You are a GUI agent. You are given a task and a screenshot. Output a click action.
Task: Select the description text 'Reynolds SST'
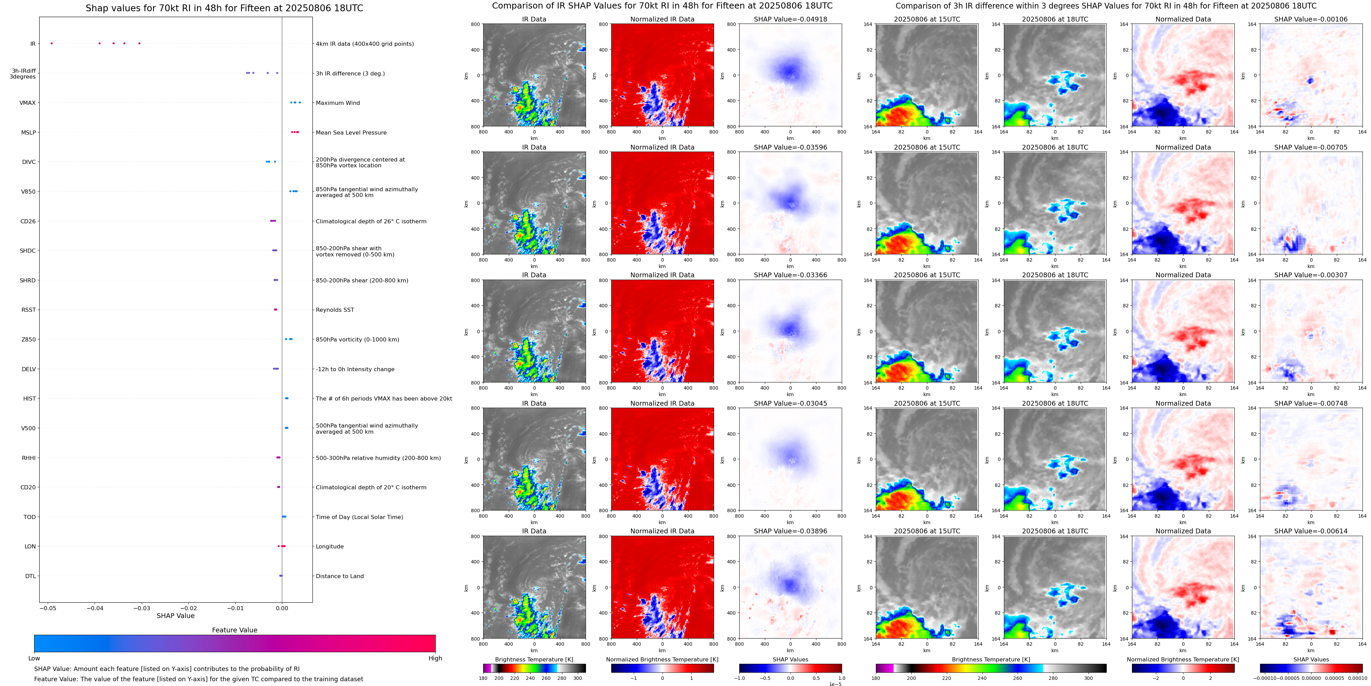pyautogui.click(x=334, y=310)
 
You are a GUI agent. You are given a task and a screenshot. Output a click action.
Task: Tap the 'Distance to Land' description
pyautogui.click(x=339, y=576)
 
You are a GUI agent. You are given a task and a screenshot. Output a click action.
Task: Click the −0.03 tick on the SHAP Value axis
pyautogui.click(x=142, y=608)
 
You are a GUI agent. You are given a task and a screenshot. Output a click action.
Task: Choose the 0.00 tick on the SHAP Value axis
pyautogui.click(x=282, y=608)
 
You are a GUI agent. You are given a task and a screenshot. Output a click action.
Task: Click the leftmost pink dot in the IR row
pyautogui.click(x=52, y=43)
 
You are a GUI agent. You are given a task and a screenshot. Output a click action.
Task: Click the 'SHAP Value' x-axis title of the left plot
pyautogui.click(x=176, y=616)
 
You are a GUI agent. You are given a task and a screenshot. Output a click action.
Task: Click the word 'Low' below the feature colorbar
pyautogui.click(x=34, y=658)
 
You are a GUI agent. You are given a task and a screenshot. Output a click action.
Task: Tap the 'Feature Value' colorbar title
pyautogui.click(x=234, y=630)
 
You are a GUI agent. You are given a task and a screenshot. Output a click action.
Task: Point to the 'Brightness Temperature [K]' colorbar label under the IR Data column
pyautogui.click(x=534, y=659)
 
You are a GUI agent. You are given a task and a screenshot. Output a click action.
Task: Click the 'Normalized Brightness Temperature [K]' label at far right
pyautogui.click(x=1183, y=659)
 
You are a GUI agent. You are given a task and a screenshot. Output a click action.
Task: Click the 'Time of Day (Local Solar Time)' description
pyautogui.click(x=359, y=517)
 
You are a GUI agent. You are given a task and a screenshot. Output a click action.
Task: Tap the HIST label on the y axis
pyautogui.click(x=29, y=398)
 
